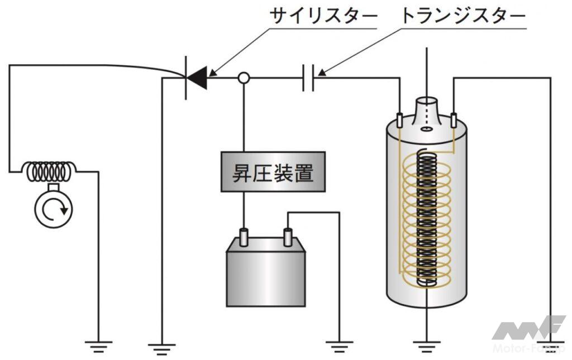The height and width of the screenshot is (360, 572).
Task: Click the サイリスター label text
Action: [x=323, y=16]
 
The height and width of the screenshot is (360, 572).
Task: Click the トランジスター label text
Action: [x=463, y=16]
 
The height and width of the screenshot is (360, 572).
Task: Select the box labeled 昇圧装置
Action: [x=273, y=171]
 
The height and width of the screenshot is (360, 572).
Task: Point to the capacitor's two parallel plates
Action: [x=308, y=78]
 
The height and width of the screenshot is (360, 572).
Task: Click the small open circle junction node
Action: [x=244, y=78]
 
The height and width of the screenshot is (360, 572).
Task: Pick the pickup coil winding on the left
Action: [x=50, y=171]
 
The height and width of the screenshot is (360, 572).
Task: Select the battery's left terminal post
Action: [x=244, y=237]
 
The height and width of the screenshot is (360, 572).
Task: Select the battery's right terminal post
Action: [x=288, y=237]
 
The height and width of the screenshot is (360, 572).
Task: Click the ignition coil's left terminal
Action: [x=400, y=120]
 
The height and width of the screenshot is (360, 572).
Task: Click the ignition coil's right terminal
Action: [x=454, y=120]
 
